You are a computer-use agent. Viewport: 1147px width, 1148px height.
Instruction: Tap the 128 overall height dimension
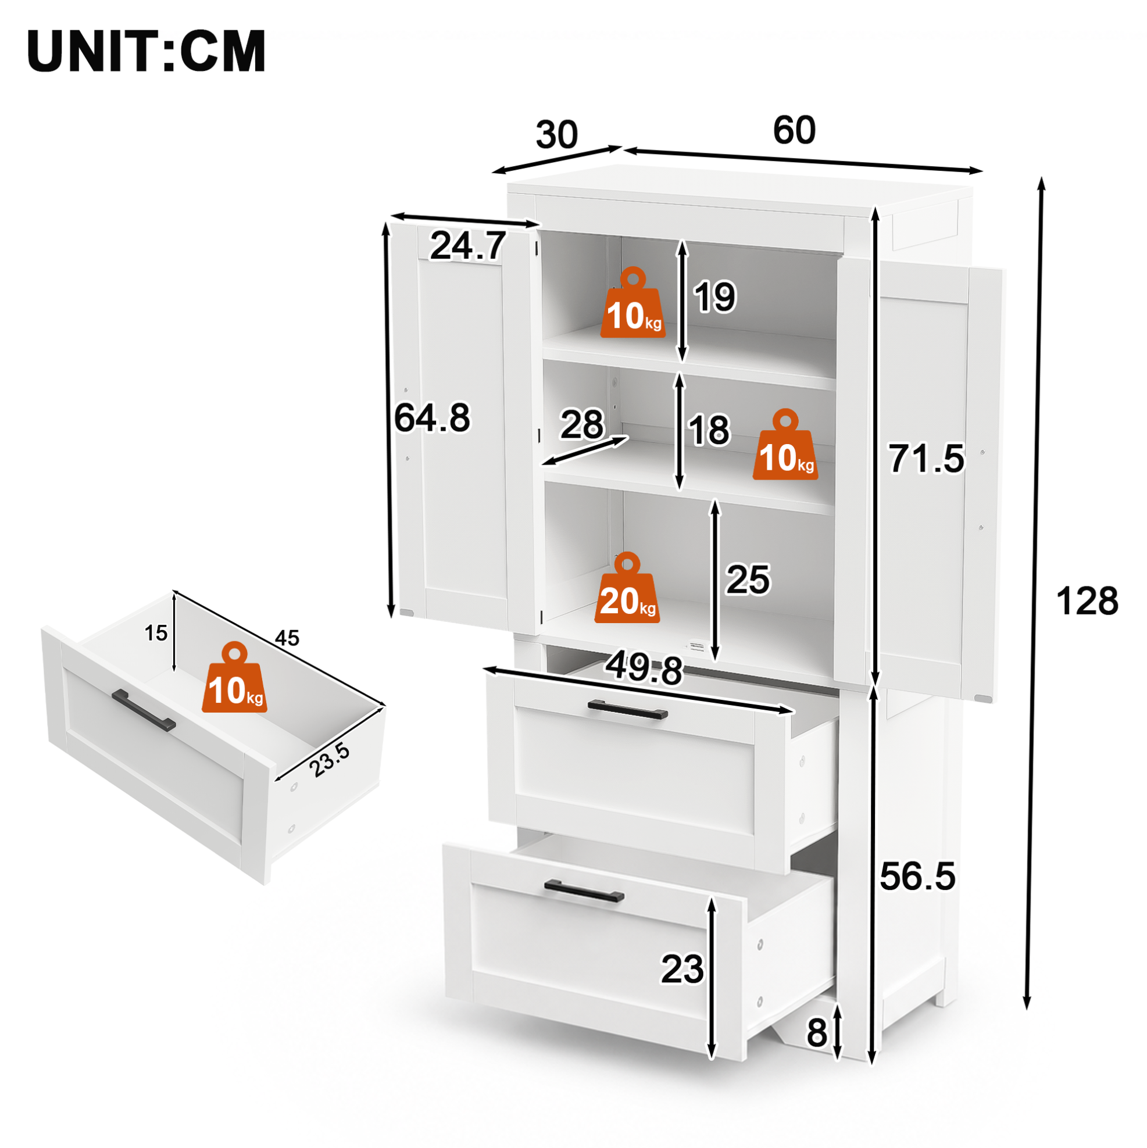click(x=1087, y=601)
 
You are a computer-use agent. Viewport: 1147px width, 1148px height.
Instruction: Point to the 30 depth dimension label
click(x=556, y=134)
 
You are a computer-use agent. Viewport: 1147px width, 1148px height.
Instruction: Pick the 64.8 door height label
click(x=432, y=417)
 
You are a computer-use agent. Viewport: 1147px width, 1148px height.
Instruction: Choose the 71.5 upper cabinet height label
click(x=926, y=459)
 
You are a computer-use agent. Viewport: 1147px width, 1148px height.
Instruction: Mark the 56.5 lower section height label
click(x=917, y=876)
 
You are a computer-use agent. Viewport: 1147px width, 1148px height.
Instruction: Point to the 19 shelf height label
click(x=715, y=296)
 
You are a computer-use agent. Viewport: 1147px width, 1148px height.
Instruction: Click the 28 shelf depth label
click(x=582, y=424)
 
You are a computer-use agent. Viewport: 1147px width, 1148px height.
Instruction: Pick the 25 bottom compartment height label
click(x=748, y=580)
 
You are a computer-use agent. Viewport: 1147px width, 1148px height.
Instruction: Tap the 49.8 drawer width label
click(x=644, y=669)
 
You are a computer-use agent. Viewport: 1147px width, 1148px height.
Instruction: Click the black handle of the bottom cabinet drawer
click(x=584, y=891)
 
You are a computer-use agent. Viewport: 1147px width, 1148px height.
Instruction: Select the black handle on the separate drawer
click(x=144, y=710)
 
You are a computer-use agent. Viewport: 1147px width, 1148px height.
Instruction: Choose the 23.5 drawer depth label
click(x=330, y=760)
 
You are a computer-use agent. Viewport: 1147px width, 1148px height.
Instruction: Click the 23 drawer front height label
click(x=683, y=969)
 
